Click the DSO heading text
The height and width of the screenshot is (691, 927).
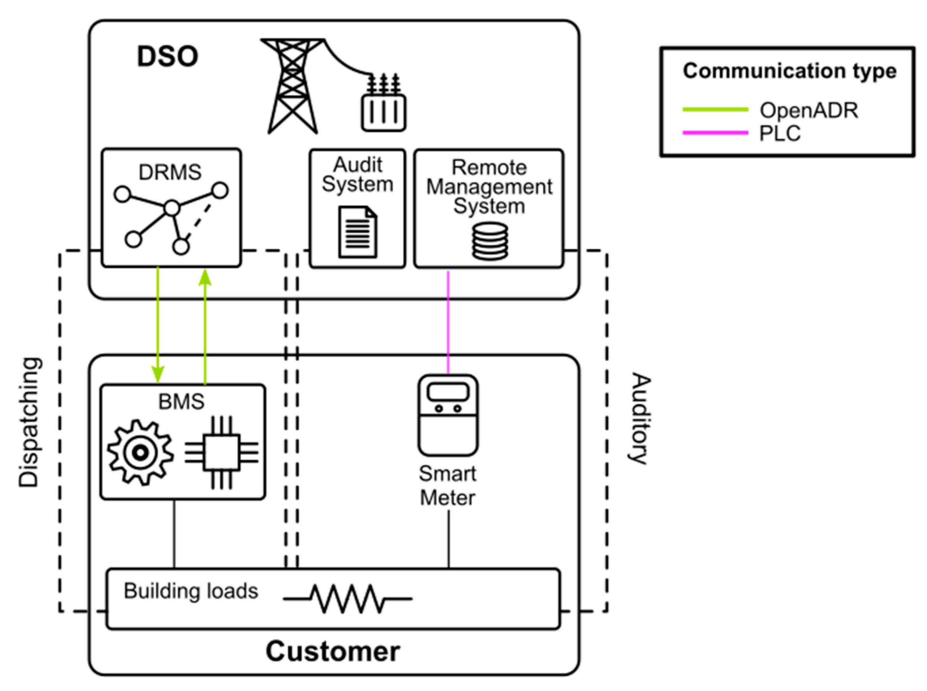(167, 57)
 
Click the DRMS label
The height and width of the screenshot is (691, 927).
(170, 172)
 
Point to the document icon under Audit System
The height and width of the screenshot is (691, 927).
(358, 232)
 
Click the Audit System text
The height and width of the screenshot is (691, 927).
(358, 175)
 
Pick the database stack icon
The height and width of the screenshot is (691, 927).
(490, 241)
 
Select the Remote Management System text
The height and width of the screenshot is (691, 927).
(489, 186)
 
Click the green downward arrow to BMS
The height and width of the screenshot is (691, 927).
(158, 326)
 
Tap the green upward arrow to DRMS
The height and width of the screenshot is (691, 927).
(205, 326)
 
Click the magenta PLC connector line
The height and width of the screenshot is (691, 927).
(448, 322)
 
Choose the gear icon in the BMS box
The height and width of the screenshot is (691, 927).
(140, 453)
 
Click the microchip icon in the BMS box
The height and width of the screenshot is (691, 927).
(222, 453)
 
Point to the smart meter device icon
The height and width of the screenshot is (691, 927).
(448, 415)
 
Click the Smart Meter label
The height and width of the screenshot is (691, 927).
(447, 486)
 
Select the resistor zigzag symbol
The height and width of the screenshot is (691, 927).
(347, 599)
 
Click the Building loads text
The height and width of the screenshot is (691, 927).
(191, 591)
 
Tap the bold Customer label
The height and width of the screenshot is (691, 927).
(333, 651)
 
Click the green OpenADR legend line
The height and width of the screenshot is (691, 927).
(715, 110)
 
